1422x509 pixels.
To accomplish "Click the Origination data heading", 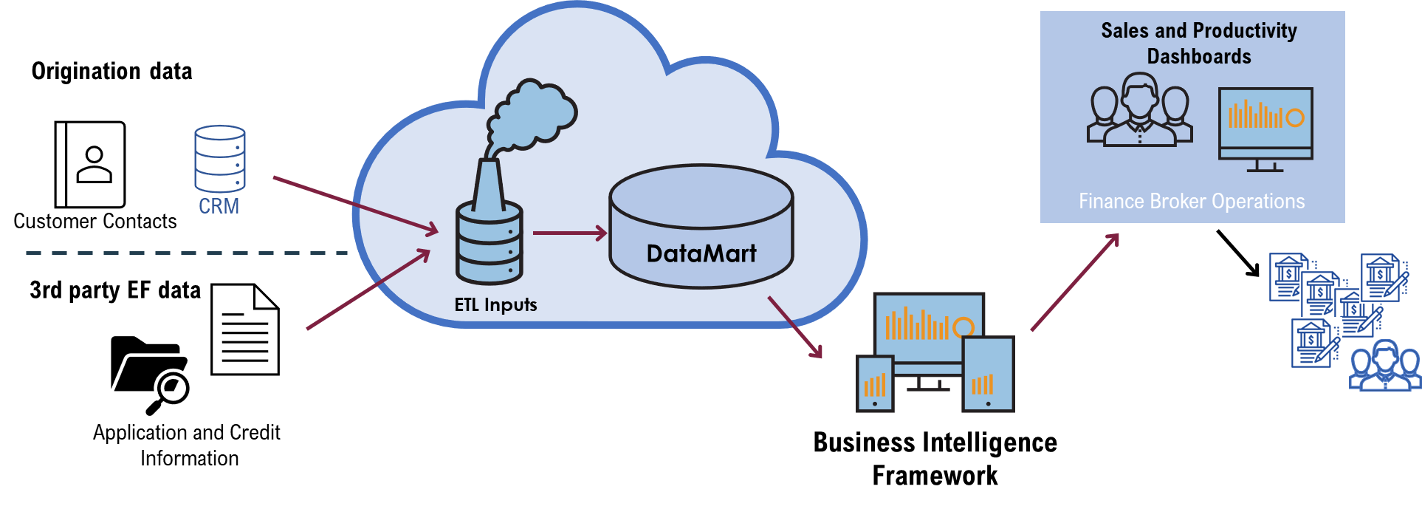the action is coord(111,71).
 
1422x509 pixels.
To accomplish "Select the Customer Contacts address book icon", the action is coord(90,165).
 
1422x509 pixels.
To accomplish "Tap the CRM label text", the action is coord(219,206).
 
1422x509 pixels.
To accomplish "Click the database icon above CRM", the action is coord(220,158).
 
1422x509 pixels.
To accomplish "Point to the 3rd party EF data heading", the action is coord(115,290).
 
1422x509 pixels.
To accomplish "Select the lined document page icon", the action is coord(245,329).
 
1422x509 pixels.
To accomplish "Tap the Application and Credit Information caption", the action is coord(187,445).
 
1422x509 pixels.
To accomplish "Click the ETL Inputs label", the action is coord(495,304).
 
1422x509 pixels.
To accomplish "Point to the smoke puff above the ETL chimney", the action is coord(532,115).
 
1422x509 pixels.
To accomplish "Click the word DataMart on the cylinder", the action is coord(701,254).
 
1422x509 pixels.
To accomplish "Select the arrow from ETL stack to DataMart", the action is coord(569,233).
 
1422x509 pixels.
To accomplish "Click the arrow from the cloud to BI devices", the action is coord(795,327).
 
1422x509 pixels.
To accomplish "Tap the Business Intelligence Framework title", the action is coord(935,459).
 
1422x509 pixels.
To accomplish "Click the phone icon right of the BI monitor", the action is coord(989,374).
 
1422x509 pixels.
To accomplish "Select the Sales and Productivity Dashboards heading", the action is coord(1199,43).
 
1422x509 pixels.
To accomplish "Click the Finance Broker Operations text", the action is coord(1192,201).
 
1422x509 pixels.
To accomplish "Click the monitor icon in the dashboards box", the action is coord(1265,129).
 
